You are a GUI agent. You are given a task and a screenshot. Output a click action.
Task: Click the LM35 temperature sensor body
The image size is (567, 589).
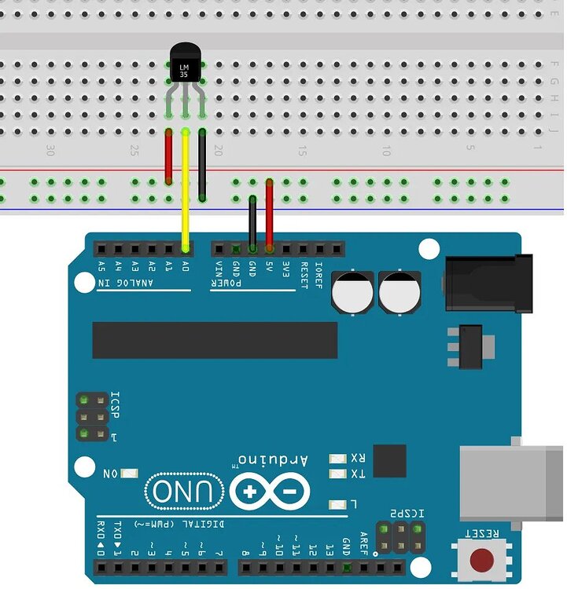click(186, 64)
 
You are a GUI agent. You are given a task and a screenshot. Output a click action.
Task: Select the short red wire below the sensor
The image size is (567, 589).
click(168, 157)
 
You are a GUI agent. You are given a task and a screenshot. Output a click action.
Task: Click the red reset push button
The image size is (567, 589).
click(481, 560)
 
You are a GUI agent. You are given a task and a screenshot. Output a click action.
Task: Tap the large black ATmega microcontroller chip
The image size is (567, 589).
click(215, 339)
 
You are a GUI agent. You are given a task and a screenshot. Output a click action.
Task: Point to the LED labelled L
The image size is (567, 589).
click(339, 503)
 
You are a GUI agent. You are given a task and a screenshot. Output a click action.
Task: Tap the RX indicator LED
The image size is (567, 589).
click(339, 458)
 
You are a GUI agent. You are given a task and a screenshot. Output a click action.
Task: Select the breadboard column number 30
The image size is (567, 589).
click(51, 149)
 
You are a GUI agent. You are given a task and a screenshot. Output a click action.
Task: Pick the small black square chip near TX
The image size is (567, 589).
click(390, 461)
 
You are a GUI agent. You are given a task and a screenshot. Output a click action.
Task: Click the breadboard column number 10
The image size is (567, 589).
click(386, 149)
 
